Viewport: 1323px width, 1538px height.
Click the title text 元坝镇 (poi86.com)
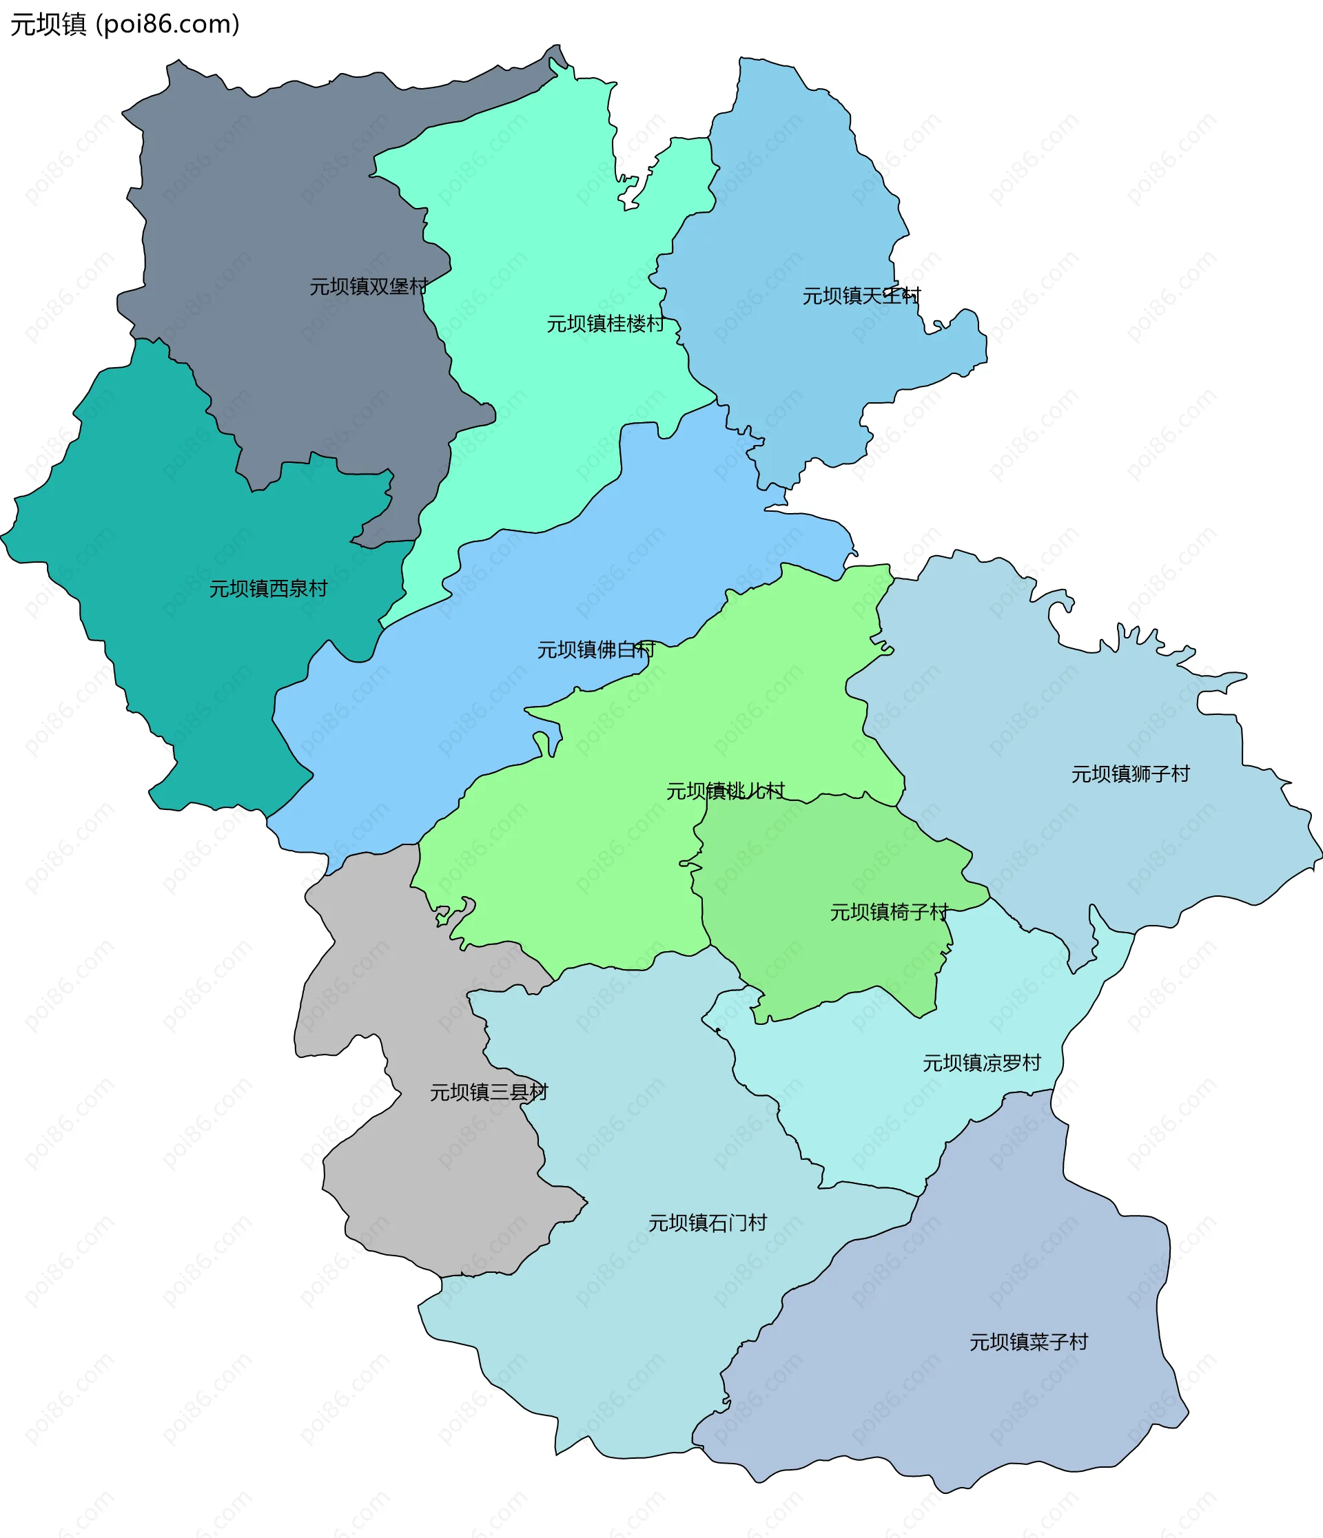125,25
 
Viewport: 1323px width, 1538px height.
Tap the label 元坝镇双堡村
369,287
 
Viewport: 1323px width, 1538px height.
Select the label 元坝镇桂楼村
606,324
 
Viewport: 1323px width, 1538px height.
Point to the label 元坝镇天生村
861,296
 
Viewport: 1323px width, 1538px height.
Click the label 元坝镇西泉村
268,589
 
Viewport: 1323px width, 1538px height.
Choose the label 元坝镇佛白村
596,650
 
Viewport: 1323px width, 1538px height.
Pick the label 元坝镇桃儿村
726,791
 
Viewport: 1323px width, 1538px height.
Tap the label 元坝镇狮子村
1130,774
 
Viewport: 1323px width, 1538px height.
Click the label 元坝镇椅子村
889,911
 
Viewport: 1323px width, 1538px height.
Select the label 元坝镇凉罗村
981,1063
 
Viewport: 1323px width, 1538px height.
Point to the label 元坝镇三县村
489,1092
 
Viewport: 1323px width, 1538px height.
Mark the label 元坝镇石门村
707,1223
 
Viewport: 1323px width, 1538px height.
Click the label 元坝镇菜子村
1028,1342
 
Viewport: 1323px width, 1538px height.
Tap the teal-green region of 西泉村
185,668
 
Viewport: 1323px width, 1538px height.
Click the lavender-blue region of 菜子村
1003,1262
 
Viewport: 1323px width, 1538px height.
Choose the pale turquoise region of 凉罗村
891,1114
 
